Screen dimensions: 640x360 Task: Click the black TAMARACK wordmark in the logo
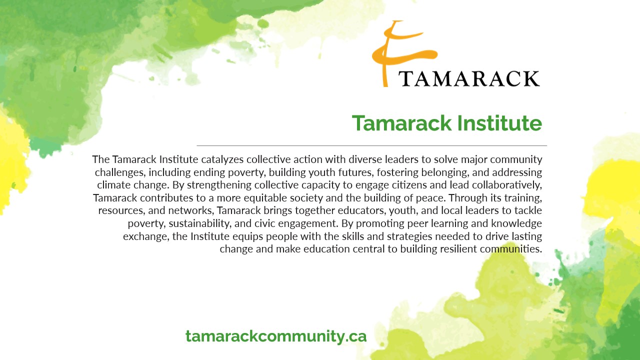(x=469, y=78)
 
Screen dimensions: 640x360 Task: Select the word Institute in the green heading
(x=499, y=123)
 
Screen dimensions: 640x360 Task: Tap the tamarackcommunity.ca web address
(x=276, y=336)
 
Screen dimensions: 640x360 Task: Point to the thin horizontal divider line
(x=371, y=145)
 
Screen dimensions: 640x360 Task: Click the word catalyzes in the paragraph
(x=222, y=159)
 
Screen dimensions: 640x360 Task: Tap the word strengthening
(x=219, y=185)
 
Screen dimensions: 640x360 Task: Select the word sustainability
(x=199, y=223)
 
